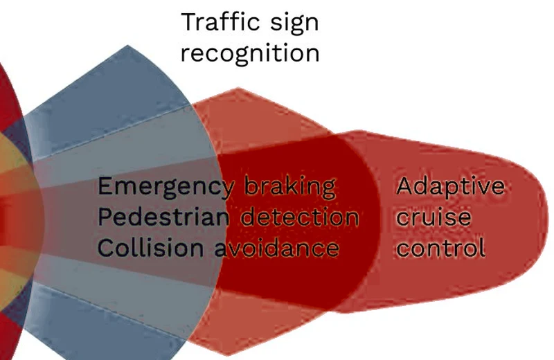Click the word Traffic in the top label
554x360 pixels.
(x=220, y=22)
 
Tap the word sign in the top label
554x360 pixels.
(x=294, y=24)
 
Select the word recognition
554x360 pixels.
(x=250, y=54)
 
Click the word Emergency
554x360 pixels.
(x=166, y=187)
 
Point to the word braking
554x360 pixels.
(x=289, y=187)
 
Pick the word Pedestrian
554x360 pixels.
(x=163, y=216)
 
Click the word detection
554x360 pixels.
(x=300, y=216)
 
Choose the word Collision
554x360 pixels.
(x=150, y=248)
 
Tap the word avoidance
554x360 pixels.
(x=277, y=248)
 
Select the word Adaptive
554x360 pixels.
(x=451, y=187)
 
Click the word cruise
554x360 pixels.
(x=434, y=217)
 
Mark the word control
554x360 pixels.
(x=440, y=248)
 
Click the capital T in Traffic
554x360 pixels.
(x=188, y=22)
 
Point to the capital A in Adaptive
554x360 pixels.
(x=404, y=186)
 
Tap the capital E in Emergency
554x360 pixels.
(x=105, y=186)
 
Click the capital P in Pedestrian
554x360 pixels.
(x=105, y=217)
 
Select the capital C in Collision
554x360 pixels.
(x=106, y=248)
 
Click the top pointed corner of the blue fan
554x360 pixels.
(x=127, y=45)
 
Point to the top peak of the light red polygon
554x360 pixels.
(x=238, y=88)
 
